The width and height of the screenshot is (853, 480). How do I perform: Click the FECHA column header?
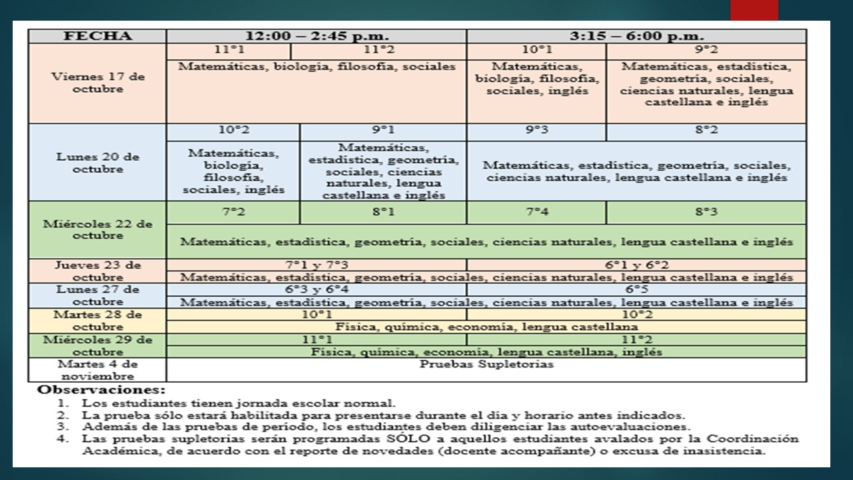pos(97,36)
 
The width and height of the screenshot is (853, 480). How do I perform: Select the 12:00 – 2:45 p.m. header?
pos(317,36)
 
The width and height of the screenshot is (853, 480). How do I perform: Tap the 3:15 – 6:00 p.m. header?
pos(636,36)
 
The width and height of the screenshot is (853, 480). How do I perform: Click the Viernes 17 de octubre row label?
pos(97,83)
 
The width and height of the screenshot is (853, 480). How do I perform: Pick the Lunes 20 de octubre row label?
pos(97,163)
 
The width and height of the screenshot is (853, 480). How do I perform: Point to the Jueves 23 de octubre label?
pos(97,271)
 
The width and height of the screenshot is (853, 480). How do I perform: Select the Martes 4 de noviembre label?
pos(97,370)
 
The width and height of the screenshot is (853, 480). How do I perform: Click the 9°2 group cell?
pos(706,50)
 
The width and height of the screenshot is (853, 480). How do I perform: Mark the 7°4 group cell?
pos(536,213)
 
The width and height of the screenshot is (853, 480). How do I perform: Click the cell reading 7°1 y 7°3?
pos(317,265)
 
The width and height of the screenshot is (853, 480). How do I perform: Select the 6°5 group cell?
pos(636,290)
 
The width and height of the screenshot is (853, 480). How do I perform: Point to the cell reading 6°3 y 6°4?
pos(317,290)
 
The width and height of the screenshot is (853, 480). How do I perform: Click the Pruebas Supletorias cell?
pos(486,365)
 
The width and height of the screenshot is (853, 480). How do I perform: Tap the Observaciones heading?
pos(101,389)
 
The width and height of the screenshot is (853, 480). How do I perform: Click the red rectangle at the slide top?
pos(754,10)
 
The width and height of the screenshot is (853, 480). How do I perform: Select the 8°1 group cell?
pos(383,213)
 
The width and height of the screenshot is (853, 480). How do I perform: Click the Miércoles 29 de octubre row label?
pos(97,345)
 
